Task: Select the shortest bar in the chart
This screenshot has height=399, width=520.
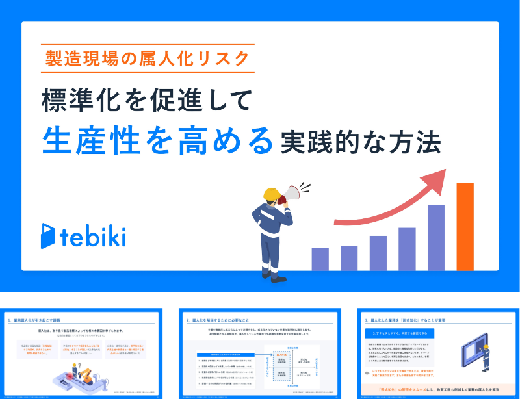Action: tap(320, 258)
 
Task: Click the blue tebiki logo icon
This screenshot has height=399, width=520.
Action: tap(48, 236)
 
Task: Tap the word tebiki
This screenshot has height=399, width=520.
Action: tap(92, 237)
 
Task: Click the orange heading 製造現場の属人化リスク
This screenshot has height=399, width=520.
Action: tap(147, 58)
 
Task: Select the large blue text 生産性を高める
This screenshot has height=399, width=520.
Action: tap(156, 139)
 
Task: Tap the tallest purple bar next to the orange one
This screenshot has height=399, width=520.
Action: tap(436, 237)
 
